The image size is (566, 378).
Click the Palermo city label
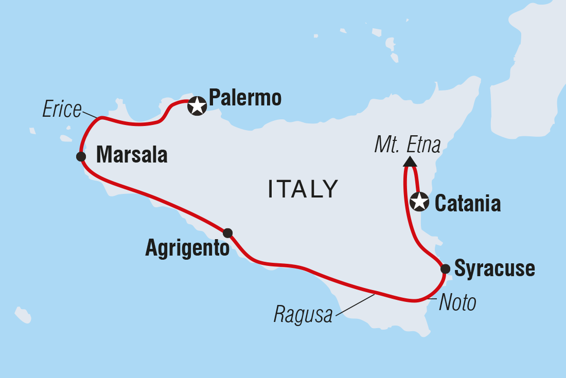pyautogui.click(x=245, y=98)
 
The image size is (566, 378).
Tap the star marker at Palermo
pyautogui.click(x=197, y=106)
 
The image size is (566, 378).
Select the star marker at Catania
pyautogui.click(x=419, y=202)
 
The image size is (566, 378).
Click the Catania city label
pyautogui.click(x=468, y=204)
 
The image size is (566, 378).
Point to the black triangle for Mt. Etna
pyautogui.click(x=410, y=161)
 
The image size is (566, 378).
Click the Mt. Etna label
pyautogui.click(x=408, y=145)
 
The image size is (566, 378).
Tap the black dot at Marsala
pyautogui.click(x=81, y=156)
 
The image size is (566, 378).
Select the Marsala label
pyautogui.click(x=132, y=155)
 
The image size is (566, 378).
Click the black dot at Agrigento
pyautogui.click(x=227, y=233)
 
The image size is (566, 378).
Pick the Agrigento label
pyautogui.click(x=187, y=249)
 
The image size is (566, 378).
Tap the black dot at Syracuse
pyautogui.click(x=445, y=268)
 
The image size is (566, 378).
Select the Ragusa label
pyautogui.click(x=303, y=315)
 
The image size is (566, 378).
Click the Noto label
pyautogui.click(x=457, y=303)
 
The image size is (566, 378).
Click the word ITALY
pyautogui.click(x=303, y=189)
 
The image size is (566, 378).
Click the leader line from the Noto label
pyautogui.click(x=432, y=298)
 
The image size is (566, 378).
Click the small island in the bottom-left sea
pyautogui.click(x=23, y=315)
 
